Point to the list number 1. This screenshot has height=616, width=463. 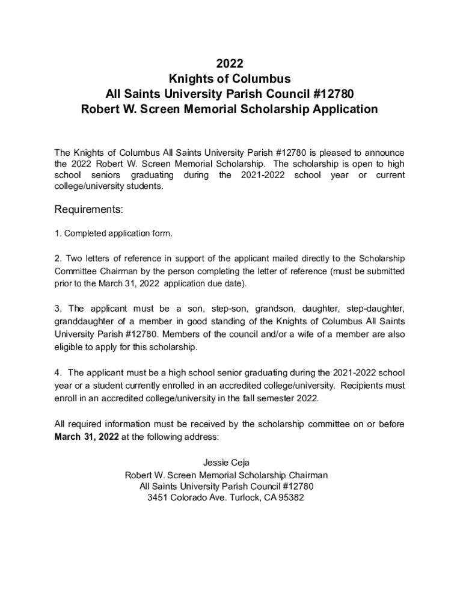click(x=58, y=233)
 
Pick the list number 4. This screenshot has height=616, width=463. click(x=58, y=372)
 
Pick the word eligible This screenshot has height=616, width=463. click(x=67, y=347)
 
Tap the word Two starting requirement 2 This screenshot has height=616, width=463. click(x=73, y=259)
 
